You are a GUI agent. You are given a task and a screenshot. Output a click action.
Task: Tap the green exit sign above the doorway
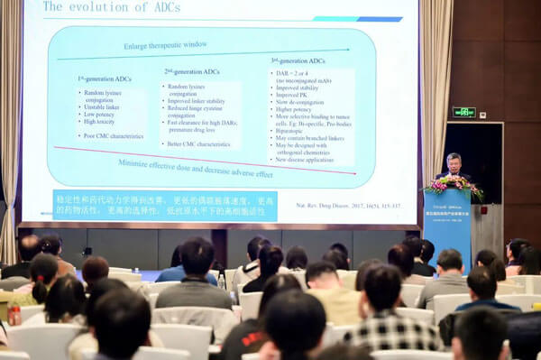coord(463,113)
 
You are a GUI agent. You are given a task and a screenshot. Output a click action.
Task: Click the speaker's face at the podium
coord(453,162)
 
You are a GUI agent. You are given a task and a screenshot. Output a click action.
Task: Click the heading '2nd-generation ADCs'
coord(192,72)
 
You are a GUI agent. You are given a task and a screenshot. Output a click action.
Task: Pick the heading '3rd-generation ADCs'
coord(300,61)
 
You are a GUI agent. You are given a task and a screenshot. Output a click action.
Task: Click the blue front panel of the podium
coord(447,227)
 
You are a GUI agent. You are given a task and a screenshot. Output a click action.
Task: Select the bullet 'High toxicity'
coord(103,122)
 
